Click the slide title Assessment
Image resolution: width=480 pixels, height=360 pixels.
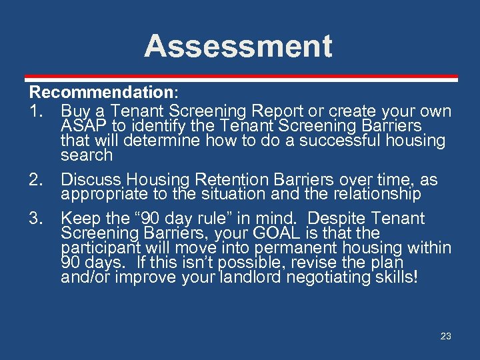coord(238,46)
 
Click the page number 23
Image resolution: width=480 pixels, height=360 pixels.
coord(446,337)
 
